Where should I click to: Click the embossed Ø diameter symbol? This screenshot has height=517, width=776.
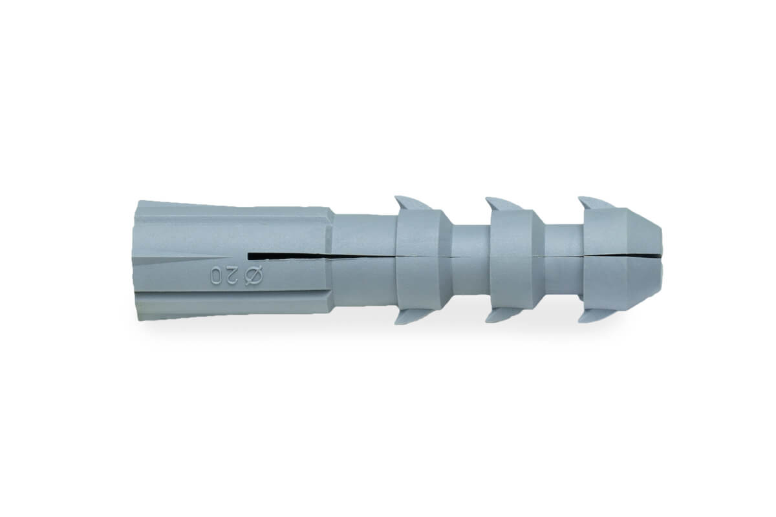[254, 276]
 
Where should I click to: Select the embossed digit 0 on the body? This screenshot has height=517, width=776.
[216, 276]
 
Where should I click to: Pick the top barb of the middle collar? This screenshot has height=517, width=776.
[503, 204]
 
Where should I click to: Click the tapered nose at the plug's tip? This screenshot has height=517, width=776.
[645, 259]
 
